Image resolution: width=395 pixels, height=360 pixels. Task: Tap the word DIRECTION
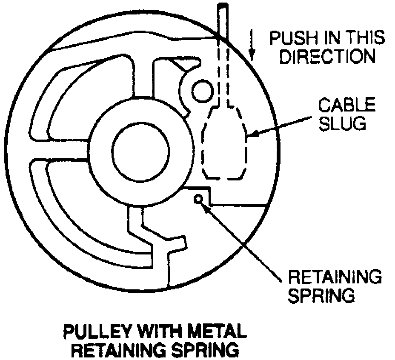327,57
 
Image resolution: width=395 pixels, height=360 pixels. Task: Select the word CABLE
347,105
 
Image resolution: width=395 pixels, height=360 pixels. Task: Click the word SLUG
345,123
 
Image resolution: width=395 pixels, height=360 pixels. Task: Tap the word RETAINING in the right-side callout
335,277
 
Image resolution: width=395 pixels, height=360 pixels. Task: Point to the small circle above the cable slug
202,91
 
